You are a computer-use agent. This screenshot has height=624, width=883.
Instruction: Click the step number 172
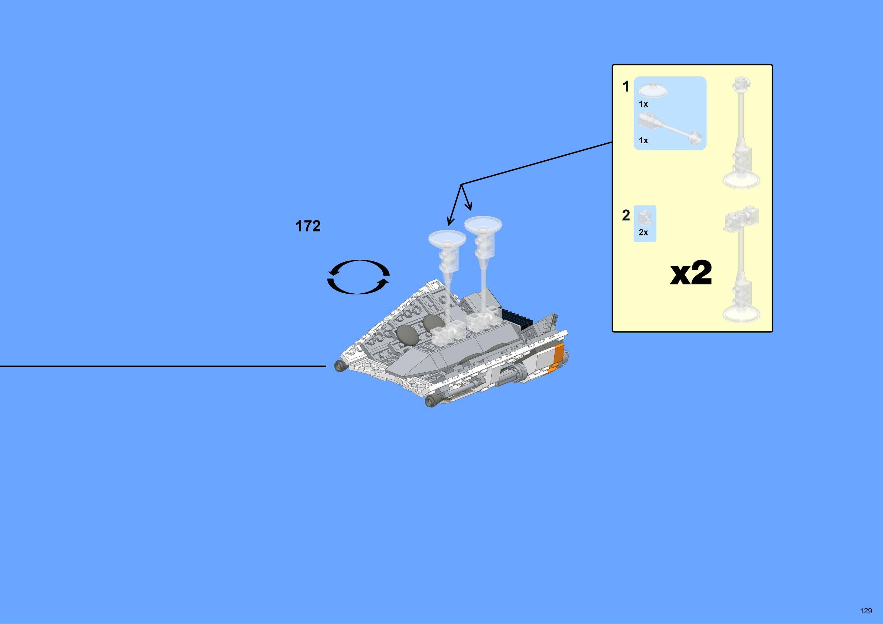click(308, 226)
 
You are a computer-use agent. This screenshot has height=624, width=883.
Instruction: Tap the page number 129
click(866, 610)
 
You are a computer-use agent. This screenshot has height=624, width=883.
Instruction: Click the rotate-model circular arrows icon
click(358, 277)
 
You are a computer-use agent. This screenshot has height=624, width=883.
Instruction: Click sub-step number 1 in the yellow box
click(626, 86)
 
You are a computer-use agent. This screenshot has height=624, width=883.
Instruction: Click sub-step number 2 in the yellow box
click(626, 215)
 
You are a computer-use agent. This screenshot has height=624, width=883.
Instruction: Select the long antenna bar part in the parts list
click(670, 128)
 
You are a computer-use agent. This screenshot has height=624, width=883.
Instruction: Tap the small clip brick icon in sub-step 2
click(643, 218)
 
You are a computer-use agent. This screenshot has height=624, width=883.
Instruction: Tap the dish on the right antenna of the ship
click(483, 224)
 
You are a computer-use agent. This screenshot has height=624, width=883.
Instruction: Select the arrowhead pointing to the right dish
click(469, 207)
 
